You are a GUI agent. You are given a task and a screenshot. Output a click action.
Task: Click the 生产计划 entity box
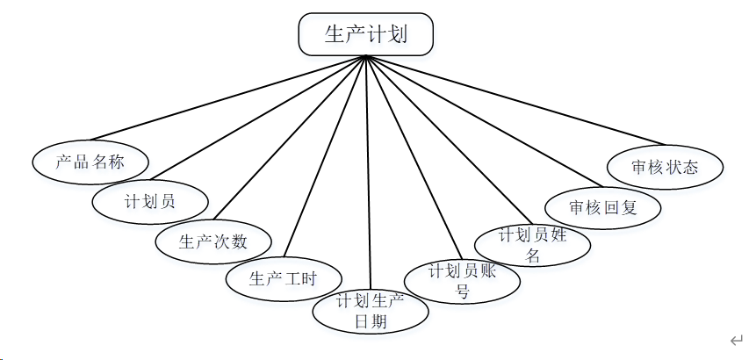pyautogui.click(x=365, y=34)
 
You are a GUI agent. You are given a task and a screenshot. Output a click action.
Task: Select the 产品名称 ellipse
pyautogui.click(x=90, y=162)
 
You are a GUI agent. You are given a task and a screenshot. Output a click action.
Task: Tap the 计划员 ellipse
pyautogui.click(x=149, y=200)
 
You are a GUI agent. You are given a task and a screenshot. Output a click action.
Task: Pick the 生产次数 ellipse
pyautogui.click(x=213, y=241)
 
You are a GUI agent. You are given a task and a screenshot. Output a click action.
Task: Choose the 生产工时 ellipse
pyautogui.click(x=283, y=279)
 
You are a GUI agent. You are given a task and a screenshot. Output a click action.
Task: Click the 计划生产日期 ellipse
pyautogui.click(x=371, y=312)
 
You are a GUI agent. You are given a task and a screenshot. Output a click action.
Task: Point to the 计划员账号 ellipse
pyautogui.click(x=462, y=282)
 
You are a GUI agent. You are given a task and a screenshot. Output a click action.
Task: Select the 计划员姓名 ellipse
pyautogui.click(x=532, y=245)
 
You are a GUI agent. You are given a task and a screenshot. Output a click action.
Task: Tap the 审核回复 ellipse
pyautogui.click(x=602, y=208)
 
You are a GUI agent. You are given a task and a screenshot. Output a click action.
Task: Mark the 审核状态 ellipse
pyautogui.click(x=665, y=167)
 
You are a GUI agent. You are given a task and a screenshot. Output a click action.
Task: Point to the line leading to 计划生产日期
pyautogui.click(x=368, y=176)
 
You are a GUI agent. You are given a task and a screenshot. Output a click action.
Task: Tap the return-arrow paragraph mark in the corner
pyautogui.click(x=736, y=340)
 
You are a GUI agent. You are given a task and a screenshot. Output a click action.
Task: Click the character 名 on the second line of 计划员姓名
pyautogui.click(x=532, y=256)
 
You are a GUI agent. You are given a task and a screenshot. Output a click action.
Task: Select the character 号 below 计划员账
pyautogui.click(x=462, y=292)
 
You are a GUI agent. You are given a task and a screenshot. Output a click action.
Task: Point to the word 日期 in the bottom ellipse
pyautogui.click(x=371, y=322)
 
